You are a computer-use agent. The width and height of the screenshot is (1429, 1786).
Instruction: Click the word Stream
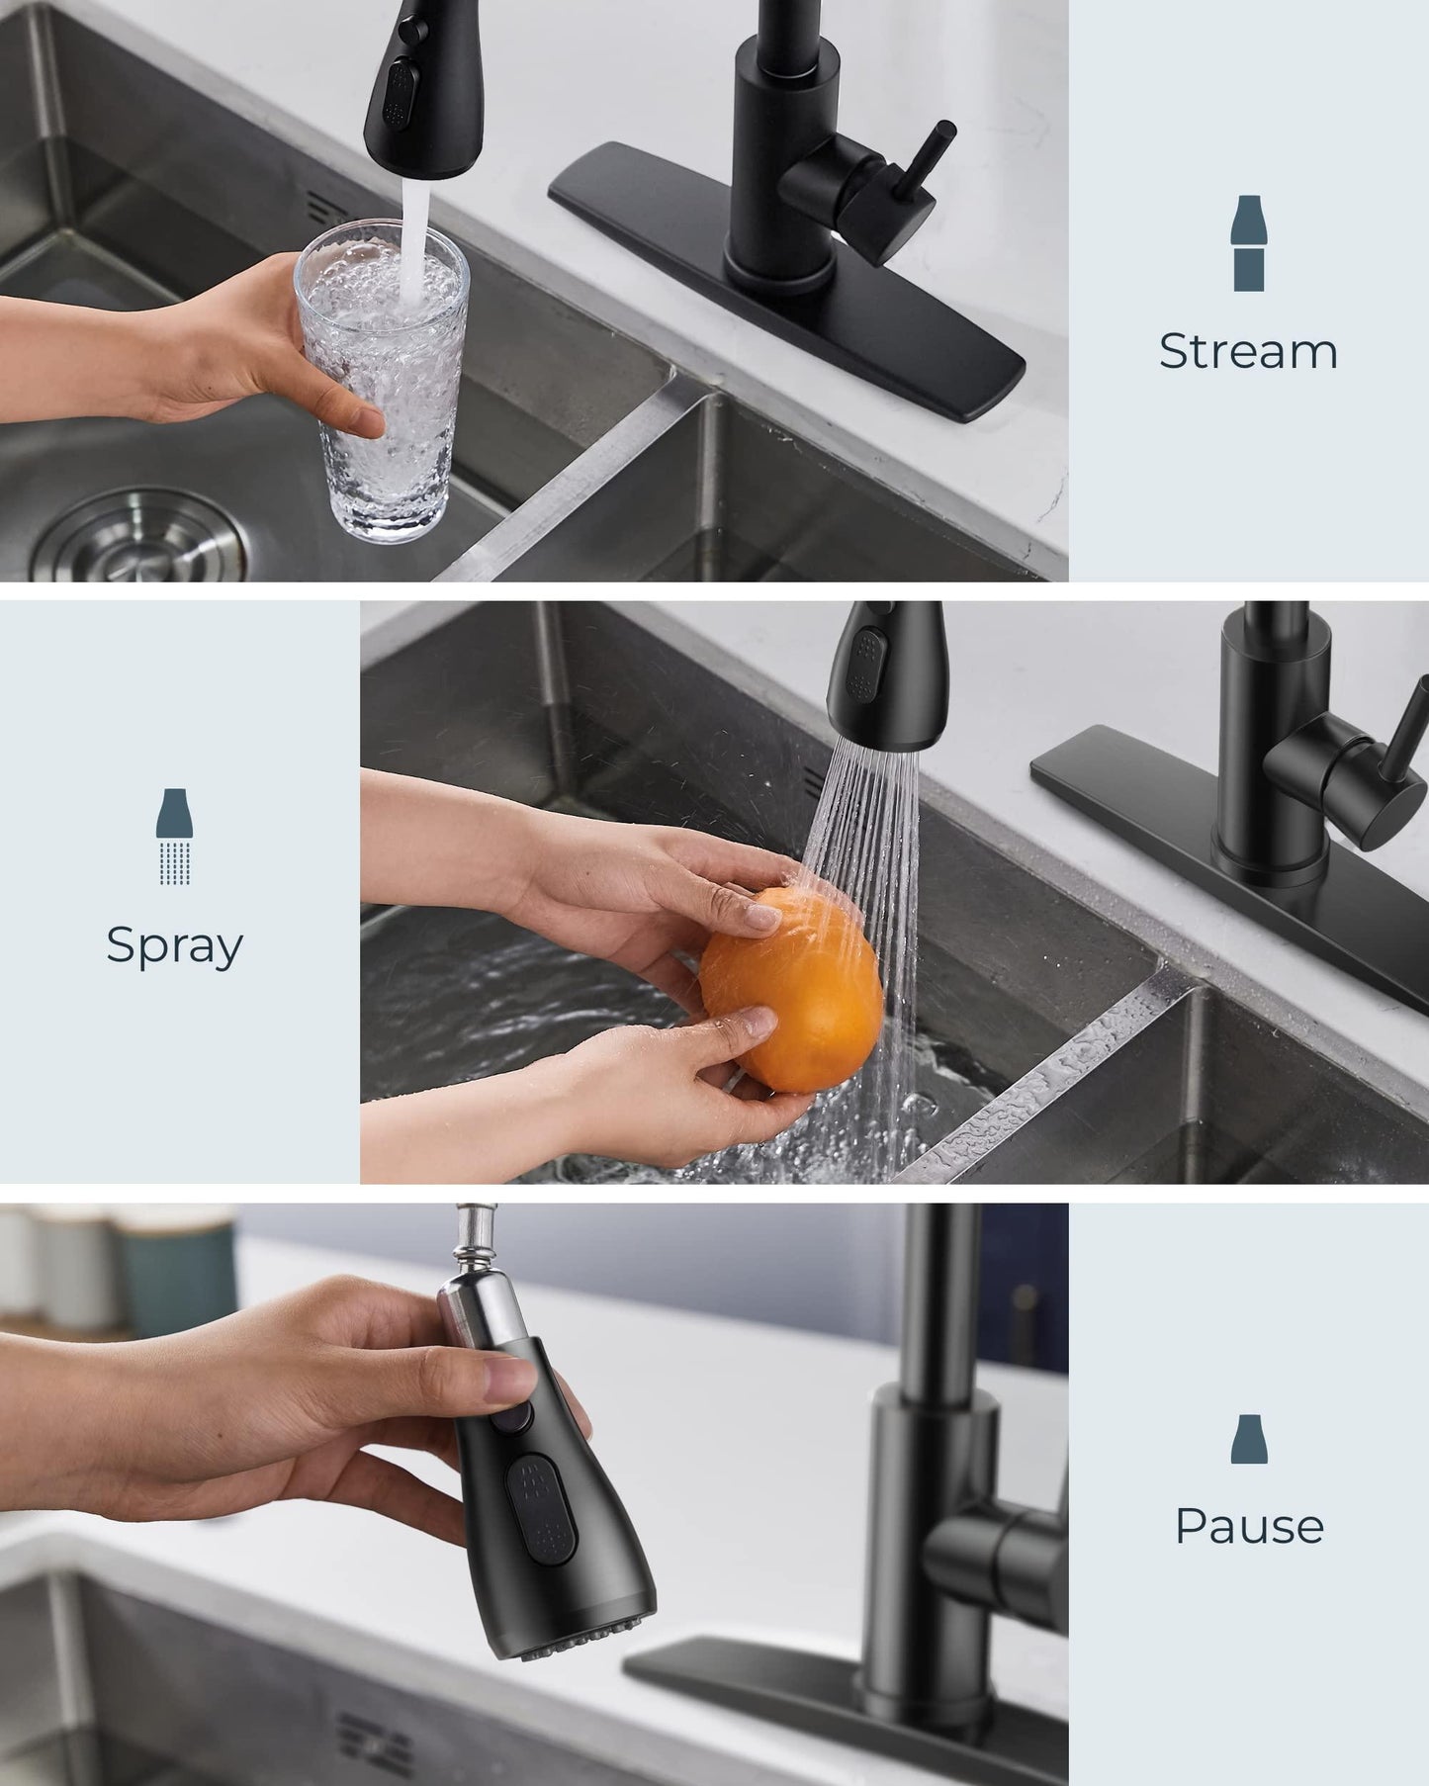[1248, 351]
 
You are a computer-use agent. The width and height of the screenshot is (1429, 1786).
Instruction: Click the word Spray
[174, 945]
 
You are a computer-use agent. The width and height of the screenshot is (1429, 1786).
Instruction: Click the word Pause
[1249, 1526]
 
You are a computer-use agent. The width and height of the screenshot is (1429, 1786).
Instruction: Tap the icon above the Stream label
[1248, 243]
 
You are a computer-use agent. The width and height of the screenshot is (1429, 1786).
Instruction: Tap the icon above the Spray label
[174, 836]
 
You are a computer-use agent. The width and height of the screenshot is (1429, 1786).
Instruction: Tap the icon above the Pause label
[1249, 1439]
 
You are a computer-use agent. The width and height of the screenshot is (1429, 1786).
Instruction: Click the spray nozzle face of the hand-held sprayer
[583, 1637]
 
